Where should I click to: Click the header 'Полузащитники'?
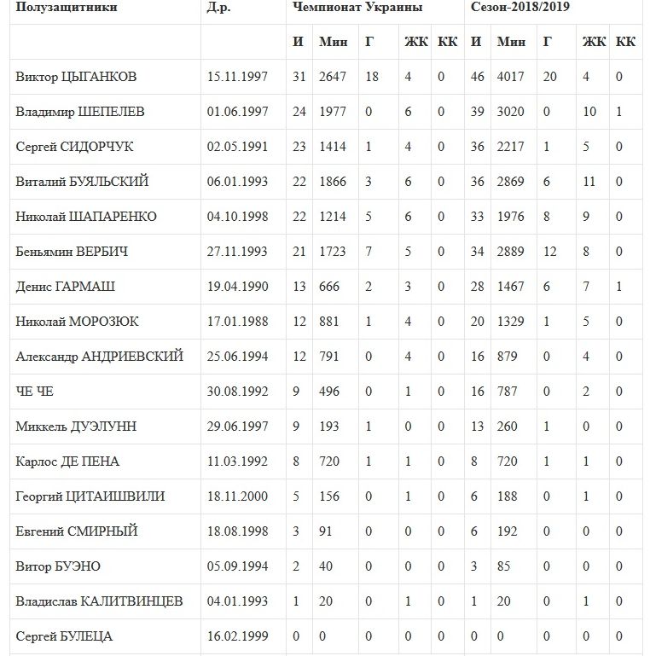click(x=67, y=8)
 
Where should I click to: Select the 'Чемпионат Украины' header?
click(x=357, y=8)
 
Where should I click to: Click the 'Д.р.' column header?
click(x=219, y=8)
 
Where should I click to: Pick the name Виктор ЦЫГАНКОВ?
click(x=76, y=77)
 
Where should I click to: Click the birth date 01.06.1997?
click(x=237, y=112)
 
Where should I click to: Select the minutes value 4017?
click(x=511, y=77)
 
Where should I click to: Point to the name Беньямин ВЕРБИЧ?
click(x=72, y=252)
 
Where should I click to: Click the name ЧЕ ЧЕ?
click(x=35, y=392)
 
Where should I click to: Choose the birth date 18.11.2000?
click(x=237, y=496)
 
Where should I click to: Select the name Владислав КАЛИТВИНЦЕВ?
click(x=99, y=601)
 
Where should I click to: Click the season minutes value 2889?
click(x=511, y=252)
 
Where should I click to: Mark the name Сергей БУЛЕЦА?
click(x=64, y=636)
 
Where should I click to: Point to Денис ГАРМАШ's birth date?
click(x=237, y=287)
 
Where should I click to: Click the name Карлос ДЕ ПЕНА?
click(x=67, y=462)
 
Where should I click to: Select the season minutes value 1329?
click(x=511, y=322)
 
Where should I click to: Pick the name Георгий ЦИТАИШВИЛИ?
click(x=90, y=496)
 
